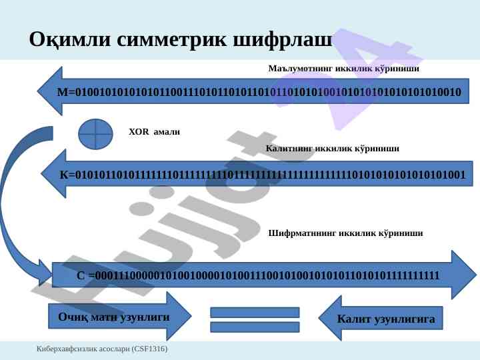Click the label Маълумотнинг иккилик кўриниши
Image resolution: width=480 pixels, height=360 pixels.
(x=343, y=69)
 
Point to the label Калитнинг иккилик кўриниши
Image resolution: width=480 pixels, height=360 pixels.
(x=333, y=149)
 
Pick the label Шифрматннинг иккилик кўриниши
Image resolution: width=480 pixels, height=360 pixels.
(x=345, y=233)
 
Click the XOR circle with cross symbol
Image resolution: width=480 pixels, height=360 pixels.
(x=95, y=133)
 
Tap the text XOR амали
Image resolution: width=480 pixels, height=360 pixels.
(x=154, y=132)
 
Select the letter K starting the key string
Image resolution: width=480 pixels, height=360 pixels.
(x=64, y=175)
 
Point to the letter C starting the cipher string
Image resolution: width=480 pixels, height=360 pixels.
(x=81, y=275)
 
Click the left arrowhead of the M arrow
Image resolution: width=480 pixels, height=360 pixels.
(x=48, y=91)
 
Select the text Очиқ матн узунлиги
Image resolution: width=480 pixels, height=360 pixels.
(x=113, y=317)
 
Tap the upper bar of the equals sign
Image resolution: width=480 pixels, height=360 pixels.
(x=255, y=312)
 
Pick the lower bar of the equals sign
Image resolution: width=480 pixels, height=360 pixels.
(x=255, y=327)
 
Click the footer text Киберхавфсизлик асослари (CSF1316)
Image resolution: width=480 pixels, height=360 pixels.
(x=102, y=349)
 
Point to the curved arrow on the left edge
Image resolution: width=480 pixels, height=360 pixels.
(x=15, y=200)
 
